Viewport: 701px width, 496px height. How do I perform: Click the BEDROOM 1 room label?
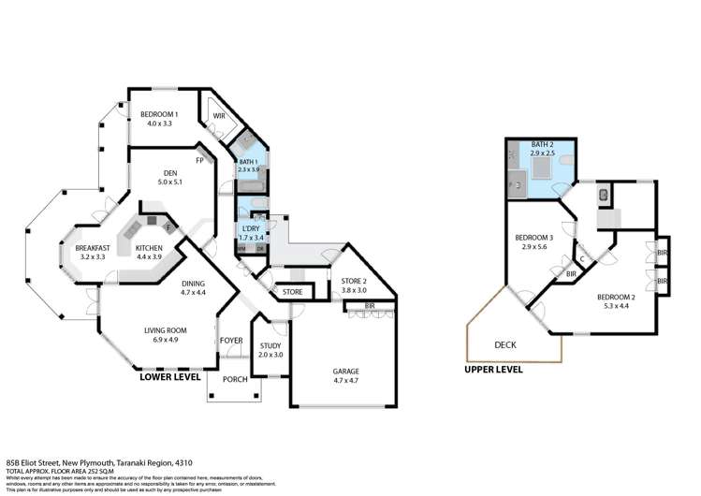[x=158, y=114]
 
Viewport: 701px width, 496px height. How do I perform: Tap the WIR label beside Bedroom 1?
[x=219, y=116]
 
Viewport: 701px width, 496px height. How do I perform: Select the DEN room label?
[x=170, y=172]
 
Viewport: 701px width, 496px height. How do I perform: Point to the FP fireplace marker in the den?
[x=199, y=160]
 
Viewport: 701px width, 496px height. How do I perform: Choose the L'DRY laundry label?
[x=251, y=229]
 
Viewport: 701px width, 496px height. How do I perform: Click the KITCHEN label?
[x=150, y=248]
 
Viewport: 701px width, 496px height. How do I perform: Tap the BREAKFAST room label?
[x=93, y=248]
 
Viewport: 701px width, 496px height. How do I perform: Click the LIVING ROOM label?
[x=167, y=329]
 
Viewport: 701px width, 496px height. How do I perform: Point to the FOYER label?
[x=230, y=340]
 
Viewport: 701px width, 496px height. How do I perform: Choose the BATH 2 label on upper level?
[x=542, y=145]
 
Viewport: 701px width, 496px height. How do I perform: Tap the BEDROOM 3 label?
[x=533, y=238]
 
